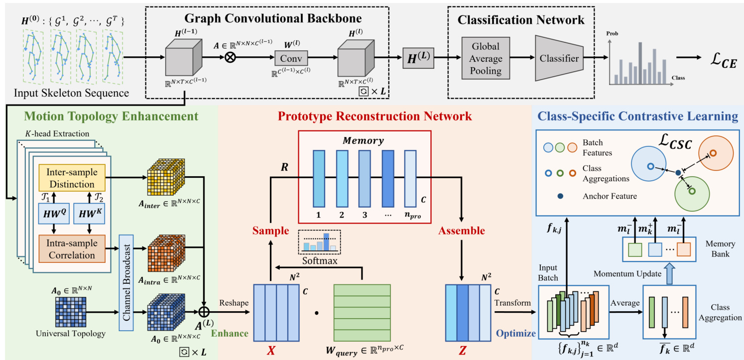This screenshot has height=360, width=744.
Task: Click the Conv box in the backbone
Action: pos(291,58)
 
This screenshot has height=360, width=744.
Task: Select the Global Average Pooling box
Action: pos(486,58)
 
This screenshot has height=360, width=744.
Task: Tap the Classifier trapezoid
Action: pos(559,58)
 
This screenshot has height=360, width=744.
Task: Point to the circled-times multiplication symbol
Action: pos(231,57)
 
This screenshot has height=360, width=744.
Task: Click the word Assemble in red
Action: pos(462,231)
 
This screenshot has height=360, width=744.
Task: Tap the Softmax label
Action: pos(319,260)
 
